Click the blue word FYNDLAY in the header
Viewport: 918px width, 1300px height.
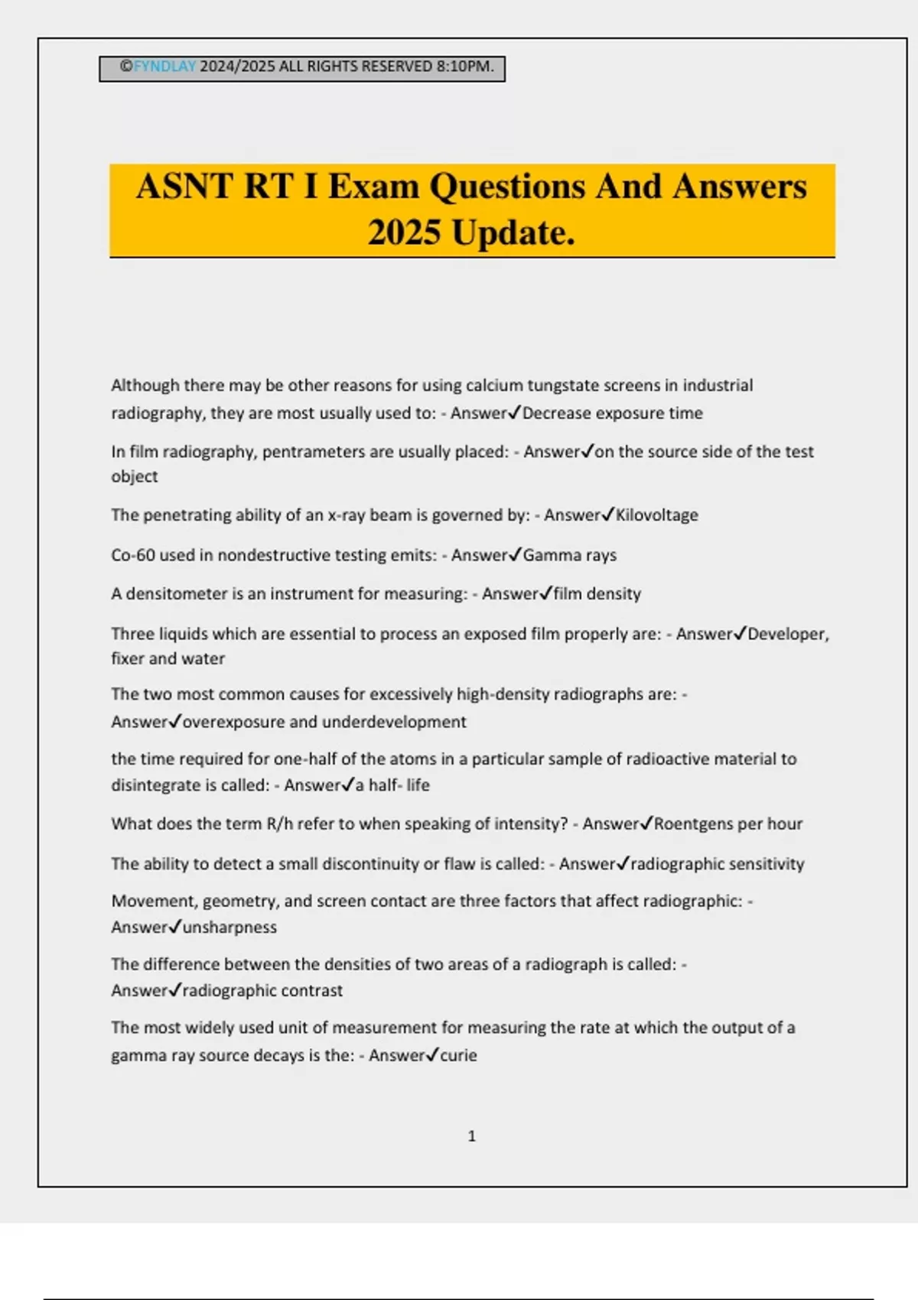tap(165, 67)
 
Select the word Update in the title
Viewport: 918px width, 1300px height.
tap(513, 233)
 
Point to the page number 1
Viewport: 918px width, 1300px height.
tap(471, 1136)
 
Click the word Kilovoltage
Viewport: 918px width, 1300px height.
tap(657, 515)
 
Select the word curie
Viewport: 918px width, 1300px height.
tap(459, 1056)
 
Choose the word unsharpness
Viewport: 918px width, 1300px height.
tap(230, 928)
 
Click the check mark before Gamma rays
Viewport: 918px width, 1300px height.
tap(516, 554)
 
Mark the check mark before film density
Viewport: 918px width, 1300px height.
tap(546, 593)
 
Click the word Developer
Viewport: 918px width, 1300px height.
tap(788, 634)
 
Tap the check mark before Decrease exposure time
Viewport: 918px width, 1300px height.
tap(515, 413)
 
